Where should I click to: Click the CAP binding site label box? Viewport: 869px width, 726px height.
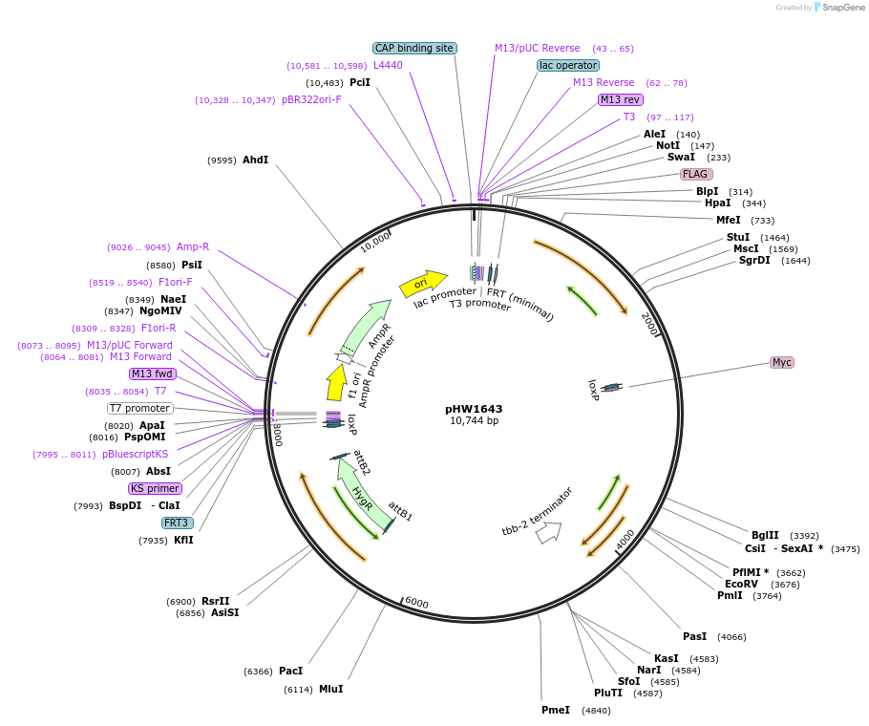[x=414, y=48]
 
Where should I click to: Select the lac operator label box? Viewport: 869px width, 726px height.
[x=568, y=65]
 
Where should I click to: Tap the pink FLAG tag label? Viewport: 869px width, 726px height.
[x=695, y=174]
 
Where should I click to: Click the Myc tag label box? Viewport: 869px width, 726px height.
[x=782, y=363]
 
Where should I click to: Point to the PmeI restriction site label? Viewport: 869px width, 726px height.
[x=555, y=710]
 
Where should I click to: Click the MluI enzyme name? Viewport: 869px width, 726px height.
[x=330, y=689]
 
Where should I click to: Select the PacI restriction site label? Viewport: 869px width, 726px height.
[x=290, y=672]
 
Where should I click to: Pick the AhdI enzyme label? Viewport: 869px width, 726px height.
[x=255, y=160]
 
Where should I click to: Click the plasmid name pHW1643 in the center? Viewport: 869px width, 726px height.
[x=474, y=408]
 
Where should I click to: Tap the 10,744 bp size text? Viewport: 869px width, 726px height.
[x=474, y=420]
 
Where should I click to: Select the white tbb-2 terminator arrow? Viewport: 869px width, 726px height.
[x=548, y=533]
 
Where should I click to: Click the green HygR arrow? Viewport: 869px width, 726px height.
[x=365, y=494]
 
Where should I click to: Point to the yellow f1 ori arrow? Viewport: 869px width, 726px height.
[x=336, y=382]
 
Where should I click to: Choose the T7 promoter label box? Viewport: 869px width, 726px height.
[x=139, y=408]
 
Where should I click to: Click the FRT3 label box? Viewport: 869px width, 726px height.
[x=176, y=523]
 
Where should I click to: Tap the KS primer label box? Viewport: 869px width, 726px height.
[x=156, y=488]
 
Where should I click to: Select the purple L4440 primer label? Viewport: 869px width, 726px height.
[x=388, y=65]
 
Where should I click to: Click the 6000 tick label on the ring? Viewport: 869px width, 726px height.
[x=417, y=603]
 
